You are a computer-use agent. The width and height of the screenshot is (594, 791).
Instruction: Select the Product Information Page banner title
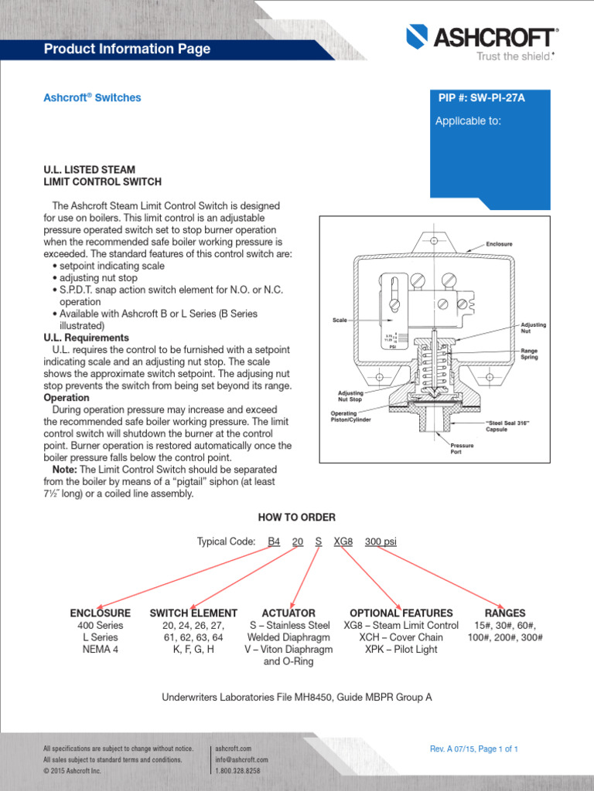pos(127,49)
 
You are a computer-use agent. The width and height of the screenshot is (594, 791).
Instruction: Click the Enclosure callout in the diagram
pos(499,244)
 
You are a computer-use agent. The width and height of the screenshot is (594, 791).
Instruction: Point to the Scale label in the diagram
pos(339,319)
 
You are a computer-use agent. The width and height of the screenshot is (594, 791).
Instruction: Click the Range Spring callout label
pos(529,354)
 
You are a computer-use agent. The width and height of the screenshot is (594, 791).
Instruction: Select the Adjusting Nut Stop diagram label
pos(350,395)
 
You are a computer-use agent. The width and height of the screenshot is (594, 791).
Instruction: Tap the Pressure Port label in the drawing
pos(462,449)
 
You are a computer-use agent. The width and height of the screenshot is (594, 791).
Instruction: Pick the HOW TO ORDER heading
pos(296,517)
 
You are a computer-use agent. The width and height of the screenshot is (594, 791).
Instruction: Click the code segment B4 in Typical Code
pos(274,541)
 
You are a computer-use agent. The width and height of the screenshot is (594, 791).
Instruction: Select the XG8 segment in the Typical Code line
pos(343,541)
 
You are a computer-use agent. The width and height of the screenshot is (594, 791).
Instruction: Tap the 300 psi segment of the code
pos(380,541)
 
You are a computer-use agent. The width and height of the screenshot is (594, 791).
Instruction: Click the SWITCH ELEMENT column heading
pos(193,613)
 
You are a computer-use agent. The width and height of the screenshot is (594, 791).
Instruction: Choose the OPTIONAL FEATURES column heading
pos(401,613)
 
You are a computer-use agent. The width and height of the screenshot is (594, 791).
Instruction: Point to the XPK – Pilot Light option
pos(401,650)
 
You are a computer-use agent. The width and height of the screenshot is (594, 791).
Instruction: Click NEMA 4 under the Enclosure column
pos(100,650)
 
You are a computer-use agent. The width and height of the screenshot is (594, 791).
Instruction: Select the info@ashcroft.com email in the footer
pos(241,759)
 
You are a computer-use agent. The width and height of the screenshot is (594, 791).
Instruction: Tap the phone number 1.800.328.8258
pos(237,770)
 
